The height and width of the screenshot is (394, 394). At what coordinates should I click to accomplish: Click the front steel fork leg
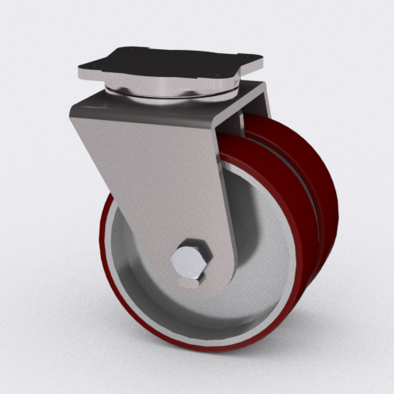pyautogui.click(x=159, y=175)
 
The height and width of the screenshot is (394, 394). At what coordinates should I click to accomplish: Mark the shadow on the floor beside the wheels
pyautogui.click(x=302, y=350)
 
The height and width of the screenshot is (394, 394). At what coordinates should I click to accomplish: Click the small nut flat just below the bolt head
pyautogui.click(x=191, y=280)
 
